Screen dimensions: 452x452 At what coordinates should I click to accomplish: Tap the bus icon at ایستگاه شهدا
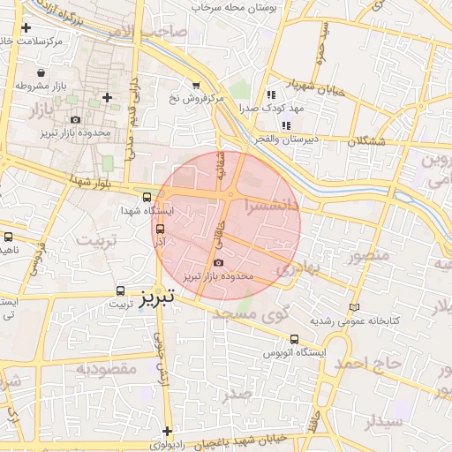click(x=147, y=196)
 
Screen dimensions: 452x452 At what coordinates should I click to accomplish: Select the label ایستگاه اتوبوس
click(x=293, y=353)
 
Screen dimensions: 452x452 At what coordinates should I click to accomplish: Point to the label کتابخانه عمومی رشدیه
click(x=355, y=321)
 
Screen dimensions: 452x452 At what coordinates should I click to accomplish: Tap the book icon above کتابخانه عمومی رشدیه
click(x=356, y=307)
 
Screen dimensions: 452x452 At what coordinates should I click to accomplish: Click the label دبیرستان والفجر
click(x=276, y=140)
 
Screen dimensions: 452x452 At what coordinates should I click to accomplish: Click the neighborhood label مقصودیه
click(x=104, y=367)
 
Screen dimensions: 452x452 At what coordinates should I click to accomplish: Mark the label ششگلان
click(x=368, y=141)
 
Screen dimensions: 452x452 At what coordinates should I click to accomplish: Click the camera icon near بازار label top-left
click(x=74, y=120)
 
